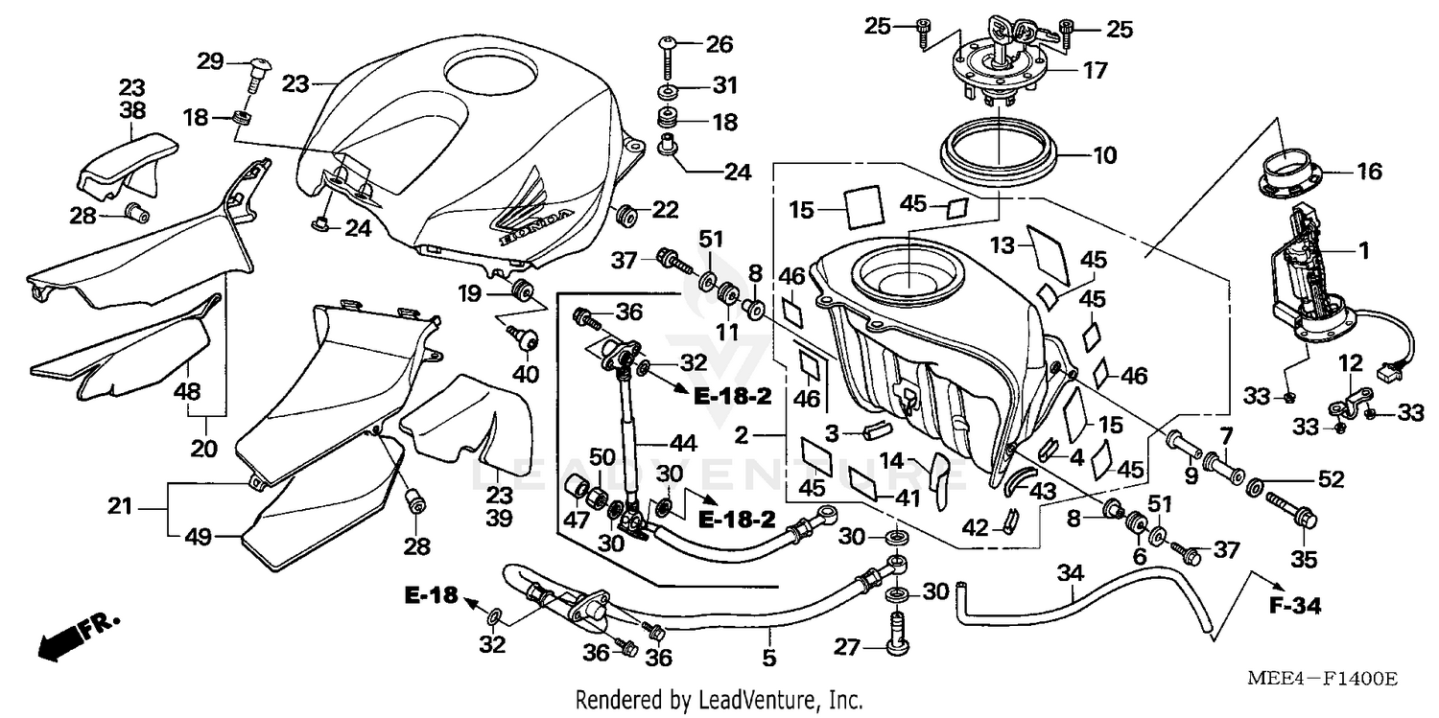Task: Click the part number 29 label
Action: coord(210,61)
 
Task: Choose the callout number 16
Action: coord(1369,172)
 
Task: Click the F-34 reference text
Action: coord(1295,606)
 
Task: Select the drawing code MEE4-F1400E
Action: coord(1321,679)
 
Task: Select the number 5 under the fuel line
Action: coord(769,659)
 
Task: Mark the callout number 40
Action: coord(525,374)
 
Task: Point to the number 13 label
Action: coord(1003,246)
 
